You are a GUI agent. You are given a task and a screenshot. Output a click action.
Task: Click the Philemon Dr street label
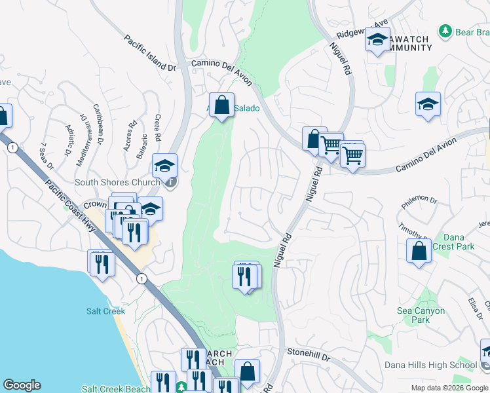pyautogui.click(x=419, y=198)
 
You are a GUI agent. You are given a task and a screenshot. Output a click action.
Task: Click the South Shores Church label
pyautogui.click(x=117, y=182)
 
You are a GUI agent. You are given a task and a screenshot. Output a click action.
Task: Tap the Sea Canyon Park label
pyautogui.click(x=421, y=315)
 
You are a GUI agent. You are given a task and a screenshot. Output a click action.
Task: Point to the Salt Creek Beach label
pyautogui.click(x=116, y=388)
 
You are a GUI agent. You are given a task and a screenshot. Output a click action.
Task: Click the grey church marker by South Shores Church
pyautogui.click(x=170, y=182)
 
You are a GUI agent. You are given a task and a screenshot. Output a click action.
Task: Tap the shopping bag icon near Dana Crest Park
pyautogui.click(x=419, y=250)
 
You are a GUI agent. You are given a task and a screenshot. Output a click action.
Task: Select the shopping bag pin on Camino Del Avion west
pyautogui.click(x=222, y=105)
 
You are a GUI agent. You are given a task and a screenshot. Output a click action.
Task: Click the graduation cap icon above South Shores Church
pyautogui.click(x=164, y=165)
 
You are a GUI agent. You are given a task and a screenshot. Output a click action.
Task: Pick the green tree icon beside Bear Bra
pyautogui.click(x=445, y=31)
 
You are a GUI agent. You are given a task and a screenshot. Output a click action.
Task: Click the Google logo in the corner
pyautogui.click(x=22, y=385)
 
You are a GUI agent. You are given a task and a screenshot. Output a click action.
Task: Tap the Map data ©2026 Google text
pyautogui.click(x=450, y=388)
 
